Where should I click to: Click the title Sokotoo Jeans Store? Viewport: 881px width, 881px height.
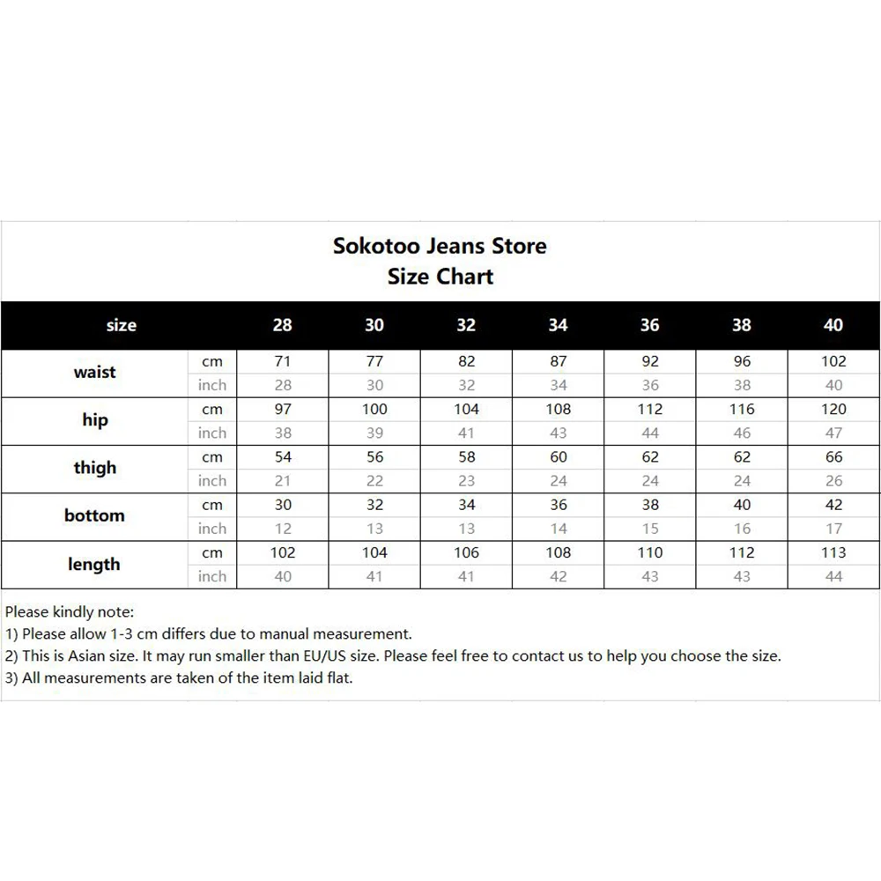(440, 246)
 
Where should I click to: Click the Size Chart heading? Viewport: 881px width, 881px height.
(440, 277)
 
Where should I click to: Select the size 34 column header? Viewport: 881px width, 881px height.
(558, 325)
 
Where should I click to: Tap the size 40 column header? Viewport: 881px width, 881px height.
(833, 325)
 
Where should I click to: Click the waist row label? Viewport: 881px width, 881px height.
(94, 372)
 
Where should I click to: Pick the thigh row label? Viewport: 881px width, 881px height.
(94, 468)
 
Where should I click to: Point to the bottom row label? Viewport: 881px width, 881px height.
(94, 515)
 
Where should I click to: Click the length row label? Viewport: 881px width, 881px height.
(94, 564)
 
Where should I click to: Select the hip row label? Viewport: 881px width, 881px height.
(94, 420)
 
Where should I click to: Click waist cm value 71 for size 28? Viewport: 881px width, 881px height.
(282, 361)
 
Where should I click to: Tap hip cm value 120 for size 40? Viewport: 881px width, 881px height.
(833, 409)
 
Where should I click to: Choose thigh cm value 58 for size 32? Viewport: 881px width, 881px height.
(466, 457)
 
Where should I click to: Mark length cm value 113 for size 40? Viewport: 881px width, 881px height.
(833, 552)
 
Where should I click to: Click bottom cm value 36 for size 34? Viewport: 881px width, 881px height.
(558, 505)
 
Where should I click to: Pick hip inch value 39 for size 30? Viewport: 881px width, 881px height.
(374, 433)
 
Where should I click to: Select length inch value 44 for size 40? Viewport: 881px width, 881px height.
(833, 576)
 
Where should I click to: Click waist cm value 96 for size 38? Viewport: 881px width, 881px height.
(742, 361)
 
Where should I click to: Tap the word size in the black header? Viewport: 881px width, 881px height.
(121, 325)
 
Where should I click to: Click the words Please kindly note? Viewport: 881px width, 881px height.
(69, 611)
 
